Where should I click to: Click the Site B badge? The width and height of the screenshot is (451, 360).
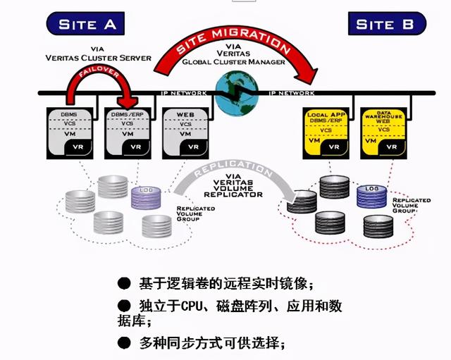(x=386, y=24)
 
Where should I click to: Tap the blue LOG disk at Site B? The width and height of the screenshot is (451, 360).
(x=371, y=196)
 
